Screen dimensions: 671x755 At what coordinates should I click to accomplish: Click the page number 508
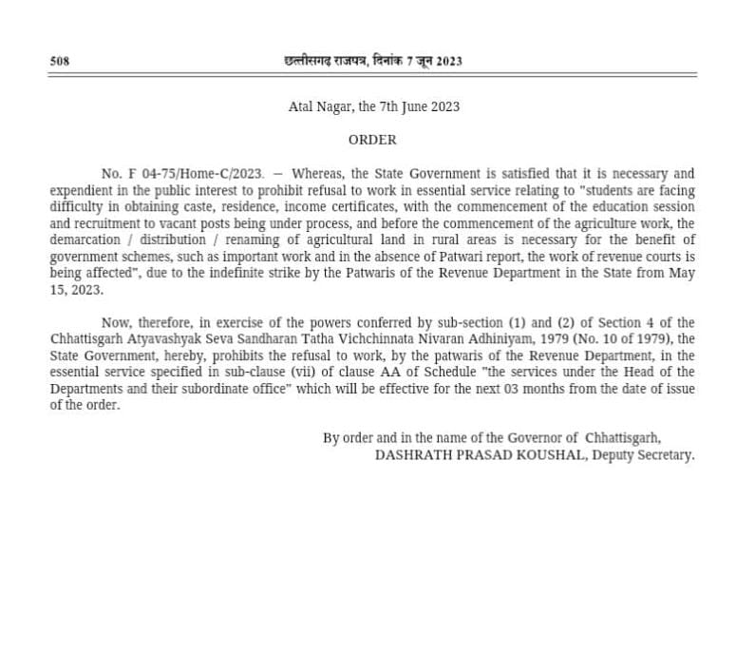tap(60, 62)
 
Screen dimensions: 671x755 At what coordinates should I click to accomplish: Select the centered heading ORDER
tap(372, 140)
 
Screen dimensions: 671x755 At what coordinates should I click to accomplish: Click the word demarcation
tap(84, 239)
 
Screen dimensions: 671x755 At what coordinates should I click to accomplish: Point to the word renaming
tap(240, 239)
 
